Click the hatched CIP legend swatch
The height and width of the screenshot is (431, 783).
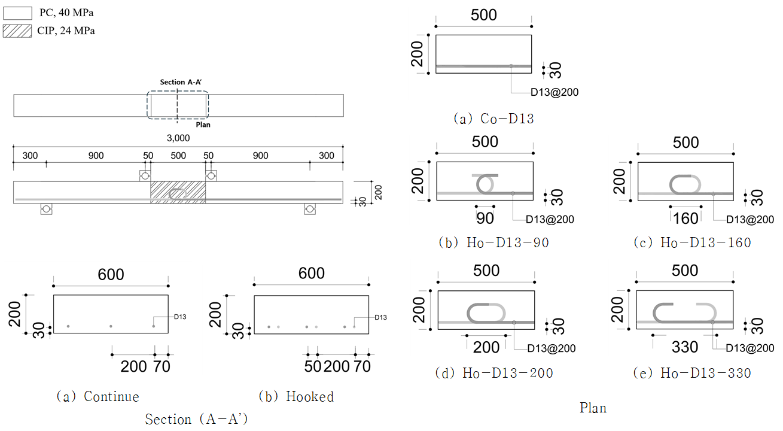click(x=17, y=31)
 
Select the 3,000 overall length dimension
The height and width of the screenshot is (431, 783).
click(x=178, y=138)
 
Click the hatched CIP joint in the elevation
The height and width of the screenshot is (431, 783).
click(x=178, y=192)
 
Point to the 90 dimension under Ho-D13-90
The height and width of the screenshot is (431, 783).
click(x=485, y=218)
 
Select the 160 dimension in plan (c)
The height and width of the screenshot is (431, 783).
click(x=685, y=218)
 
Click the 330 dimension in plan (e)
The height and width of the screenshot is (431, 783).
click(x=685, y=347)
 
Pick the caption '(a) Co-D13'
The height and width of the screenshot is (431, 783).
click(x=493, y=119)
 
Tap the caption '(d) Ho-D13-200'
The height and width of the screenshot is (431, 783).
click(x=494, y=373)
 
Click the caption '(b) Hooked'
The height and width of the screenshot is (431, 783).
click(x=295, y=396)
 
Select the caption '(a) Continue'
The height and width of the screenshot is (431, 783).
click(x=97, y=396)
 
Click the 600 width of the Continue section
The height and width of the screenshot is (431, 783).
click(x=111, y=274)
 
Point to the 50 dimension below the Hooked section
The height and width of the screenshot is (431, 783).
click(x=312, y=366)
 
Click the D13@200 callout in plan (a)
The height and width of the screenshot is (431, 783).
click(x=555, y=92)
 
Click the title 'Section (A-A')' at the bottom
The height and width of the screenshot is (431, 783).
click(x=196, y=420)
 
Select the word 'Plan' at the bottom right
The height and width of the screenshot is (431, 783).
click(x=593, y=408)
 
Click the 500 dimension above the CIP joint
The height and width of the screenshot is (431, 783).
click(x=178, y=156)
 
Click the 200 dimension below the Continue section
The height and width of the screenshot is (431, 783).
click(x=133, y=366)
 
